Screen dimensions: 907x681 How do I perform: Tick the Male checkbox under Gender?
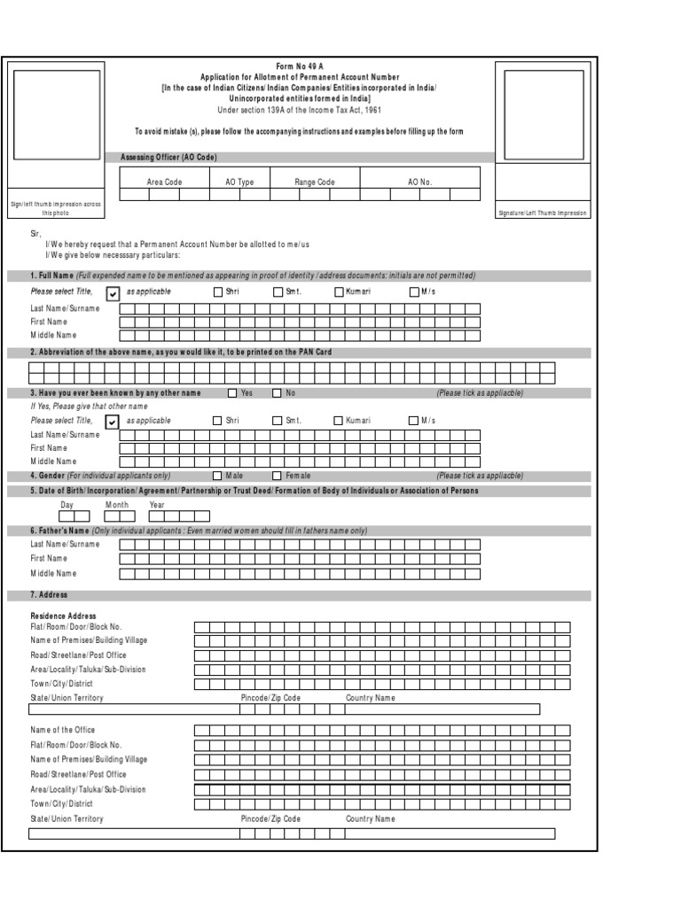tap(218, 476)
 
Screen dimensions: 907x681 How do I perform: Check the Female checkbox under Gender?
tap(278, 476)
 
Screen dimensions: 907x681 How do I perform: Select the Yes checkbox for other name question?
tap(233, 392)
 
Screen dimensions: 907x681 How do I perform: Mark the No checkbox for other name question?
tap(277, 392)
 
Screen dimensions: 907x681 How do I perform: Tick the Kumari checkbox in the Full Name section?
tap(339, 291)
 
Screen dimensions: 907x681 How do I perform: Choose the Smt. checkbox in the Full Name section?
tap(278, 291)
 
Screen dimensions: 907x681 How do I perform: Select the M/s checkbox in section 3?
tap(413, 421)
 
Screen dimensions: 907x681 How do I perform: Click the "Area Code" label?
tap(164, 182)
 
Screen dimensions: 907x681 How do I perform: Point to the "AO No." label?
tap(419, 182)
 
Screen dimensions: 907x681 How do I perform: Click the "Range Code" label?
tap(315, 182)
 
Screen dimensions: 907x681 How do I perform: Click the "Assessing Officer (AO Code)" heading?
tap(168, 157)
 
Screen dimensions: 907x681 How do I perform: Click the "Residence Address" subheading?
tap(63, 616)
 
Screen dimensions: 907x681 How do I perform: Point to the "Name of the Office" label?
tap(63, 730)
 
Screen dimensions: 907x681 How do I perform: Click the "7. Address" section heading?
tap(49, 595)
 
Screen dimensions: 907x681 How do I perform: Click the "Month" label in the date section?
tap(117, 504)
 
